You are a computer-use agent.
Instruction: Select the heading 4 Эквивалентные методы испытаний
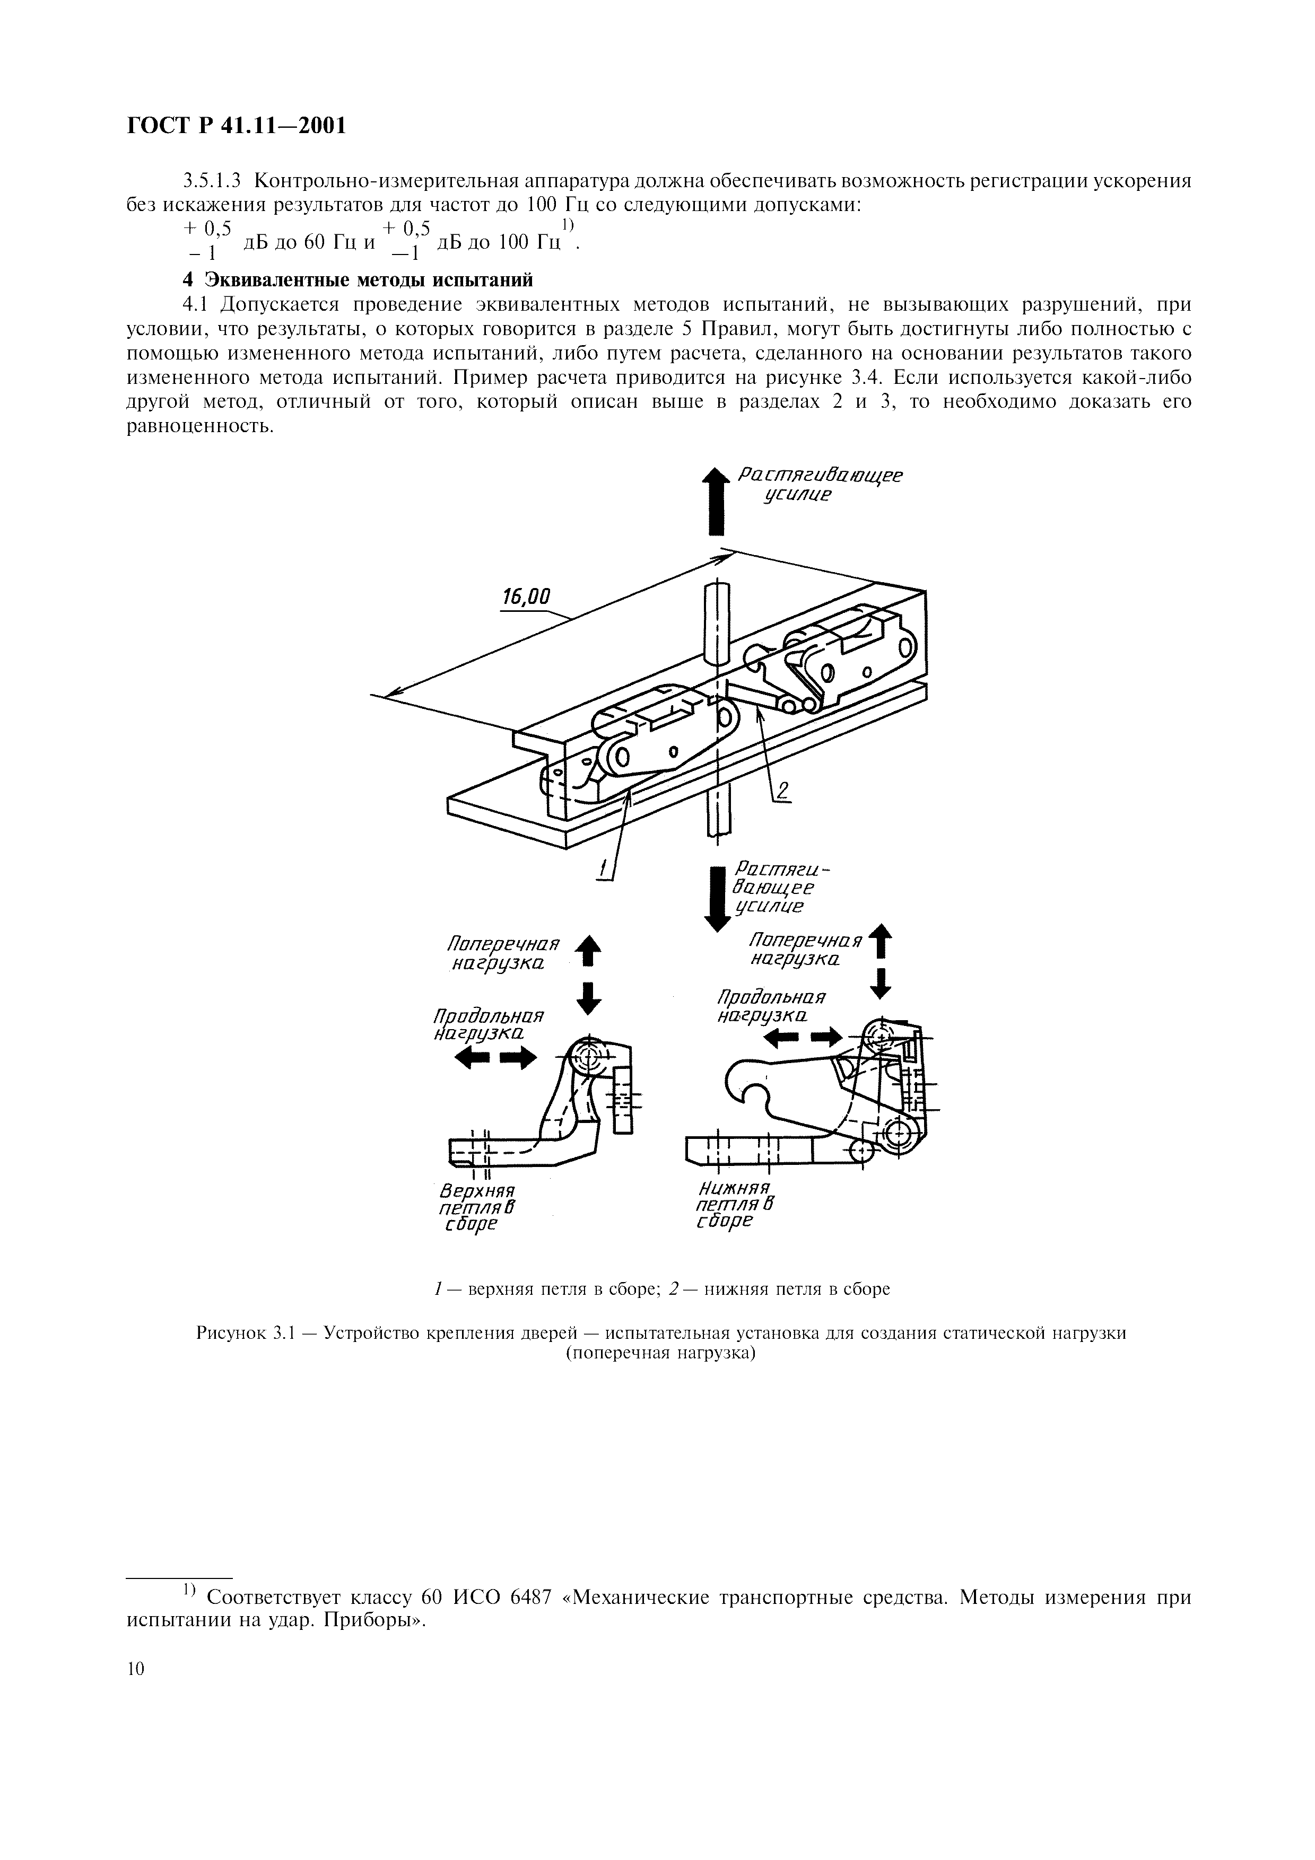click(358, 280)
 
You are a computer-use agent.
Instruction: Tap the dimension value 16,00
click(526, 598)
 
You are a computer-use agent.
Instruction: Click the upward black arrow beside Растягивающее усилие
click(715, 502)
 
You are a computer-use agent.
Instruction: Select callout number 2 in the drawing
click(782, 790)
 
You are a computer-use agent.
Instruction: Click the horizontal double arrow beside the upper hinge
click(497, 1057)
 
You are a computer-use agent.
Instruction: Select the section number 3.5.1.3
click(215, 181)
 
